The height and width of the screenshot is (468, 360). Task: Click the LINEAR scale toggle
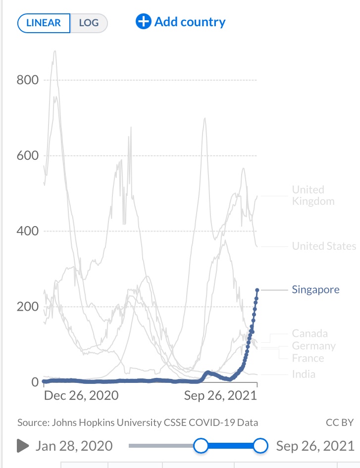pos(44,23)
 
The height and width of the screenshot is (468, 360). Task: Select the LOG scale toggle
pos(89,23)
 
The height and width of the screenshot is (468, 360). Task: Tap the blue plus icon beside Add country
pos(143,22)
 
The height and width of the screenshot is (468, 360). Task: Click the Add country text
pos(190,22)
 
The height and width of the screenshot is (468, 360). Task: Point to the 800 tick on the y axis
pos(28,80)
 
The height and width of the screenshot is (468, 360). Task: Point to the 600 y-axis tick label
pos(28,156)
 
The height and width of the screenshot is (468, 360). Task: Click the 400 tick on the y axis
pos(28,231)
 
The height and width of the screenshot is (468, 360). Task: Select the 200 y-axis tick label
pos(28,307)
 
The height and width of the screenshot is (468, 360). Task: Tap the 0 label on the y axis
pos(35,382)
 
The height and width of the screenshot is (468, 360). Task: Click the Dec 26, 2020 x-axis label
pos(81,395)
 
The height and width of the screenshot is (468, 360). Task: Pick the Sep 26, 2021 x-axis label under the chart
pos(220,395)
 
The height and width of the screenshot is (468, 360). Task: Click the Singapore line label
pos(315,289)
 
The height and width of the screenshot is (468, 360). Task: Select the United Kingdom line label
pos(313,195)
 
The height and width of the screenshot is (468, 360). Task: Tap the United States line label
pos(324,246)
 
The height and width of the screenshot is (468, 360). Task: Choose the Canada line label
pos(309,333)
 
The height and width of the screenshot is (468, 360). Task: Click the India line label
pos(304,374)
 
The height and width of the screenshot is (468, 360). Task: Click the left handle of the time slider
pos(201,446)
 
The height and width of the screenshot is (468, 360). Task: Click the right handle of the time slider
pos(260,446)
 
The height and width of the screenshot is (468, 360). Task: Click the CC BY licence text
pos(340,422)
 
